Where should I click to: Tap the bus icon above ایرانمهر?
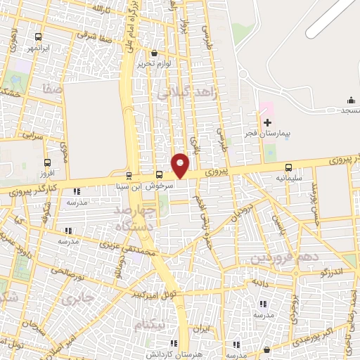tap(37, 37)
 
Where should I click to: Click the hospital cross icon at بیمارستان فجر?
tap(267, 122)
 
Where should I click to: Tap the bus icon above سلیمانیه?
tap(288, 168)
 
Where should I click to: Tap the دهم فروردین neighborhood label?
tap(279, 259)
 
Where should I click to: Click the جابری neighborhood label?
tap(77, 299)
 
